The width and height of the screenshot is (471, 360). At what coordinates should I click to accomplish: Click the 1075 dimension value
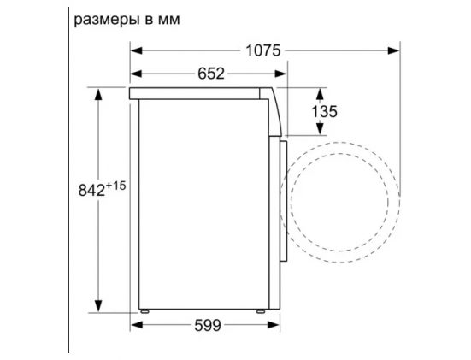[x=263, y=50]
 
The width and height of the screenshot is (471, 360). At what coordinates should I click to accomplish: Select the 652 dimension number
[x=211, y=74]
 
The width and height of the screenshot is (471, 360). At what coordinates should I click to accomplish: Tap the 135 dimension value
[x=325, y=111]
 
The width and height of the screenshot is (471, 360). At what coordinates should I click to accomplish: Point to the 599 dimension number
[x=208, y=325]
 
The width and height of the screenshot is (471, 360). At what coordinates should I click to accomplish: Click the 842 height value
[x=91, y=190]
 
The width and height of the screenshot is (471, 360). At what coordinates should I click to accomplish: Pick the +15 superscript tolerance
[x=115, y=186]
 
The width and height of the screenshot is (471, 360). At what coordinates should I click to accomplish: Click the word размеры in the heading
[x=107, y=21]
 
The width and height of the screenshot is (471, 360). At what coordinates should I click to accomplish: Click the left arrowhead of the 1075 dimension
[x=137, y=50]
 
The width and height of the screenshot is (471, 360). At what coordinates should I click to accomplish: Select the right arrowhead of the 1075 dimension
[x=393, y=50]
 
